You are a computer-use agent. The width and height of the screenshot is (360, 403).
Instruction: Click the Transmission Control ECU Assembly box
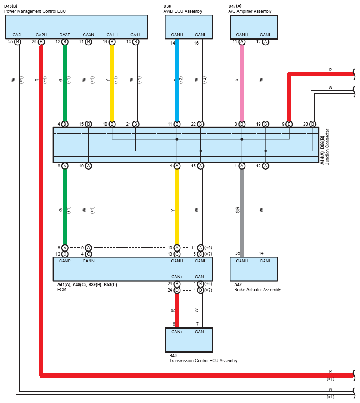pos(189,340)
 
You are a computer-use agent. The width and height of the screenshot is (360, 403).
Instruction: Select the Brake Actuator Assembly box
pos(254,269)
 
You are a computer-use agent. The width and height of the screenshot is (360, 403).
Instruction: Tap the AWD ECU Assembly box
pos(189,27)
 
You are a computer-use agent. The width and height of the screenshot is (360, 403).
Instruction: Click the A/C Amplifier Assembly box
pos(254,27)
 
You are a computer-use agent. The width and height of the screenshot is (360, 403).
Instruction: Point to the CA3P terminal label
pos(65,35)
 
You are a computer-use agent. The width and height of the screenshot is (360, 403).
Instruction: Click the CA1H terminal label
pos(112,35)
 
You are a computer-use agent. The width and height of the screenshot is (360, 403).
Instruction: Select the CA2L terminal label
pos(17,35)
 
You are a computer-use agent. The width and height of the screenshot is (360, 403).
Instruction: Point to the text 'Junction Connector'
pos(327,146)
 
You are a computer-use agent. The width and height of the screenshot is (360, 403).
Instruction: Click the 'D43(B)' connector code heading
pos(11,6)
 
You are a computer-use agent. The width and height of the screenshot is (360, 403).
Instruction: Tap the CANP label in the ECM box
pos(65,261)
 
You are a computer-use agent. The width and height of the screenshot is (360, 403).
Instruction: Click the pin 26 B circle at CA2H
pos(41,42)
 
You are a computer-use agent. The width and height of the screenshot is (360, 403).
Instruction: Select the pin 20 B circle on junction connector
pos(312,124)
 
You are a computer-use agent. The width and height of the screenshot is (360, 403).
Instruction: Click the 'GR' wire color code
pos(238,210)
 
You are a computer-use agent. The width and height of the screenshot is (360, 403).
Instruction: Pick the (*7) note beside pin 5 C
pos(208,254)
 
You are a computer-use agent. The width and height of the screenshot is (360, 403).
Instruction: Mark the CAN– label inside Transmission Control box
pos(200,332)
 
